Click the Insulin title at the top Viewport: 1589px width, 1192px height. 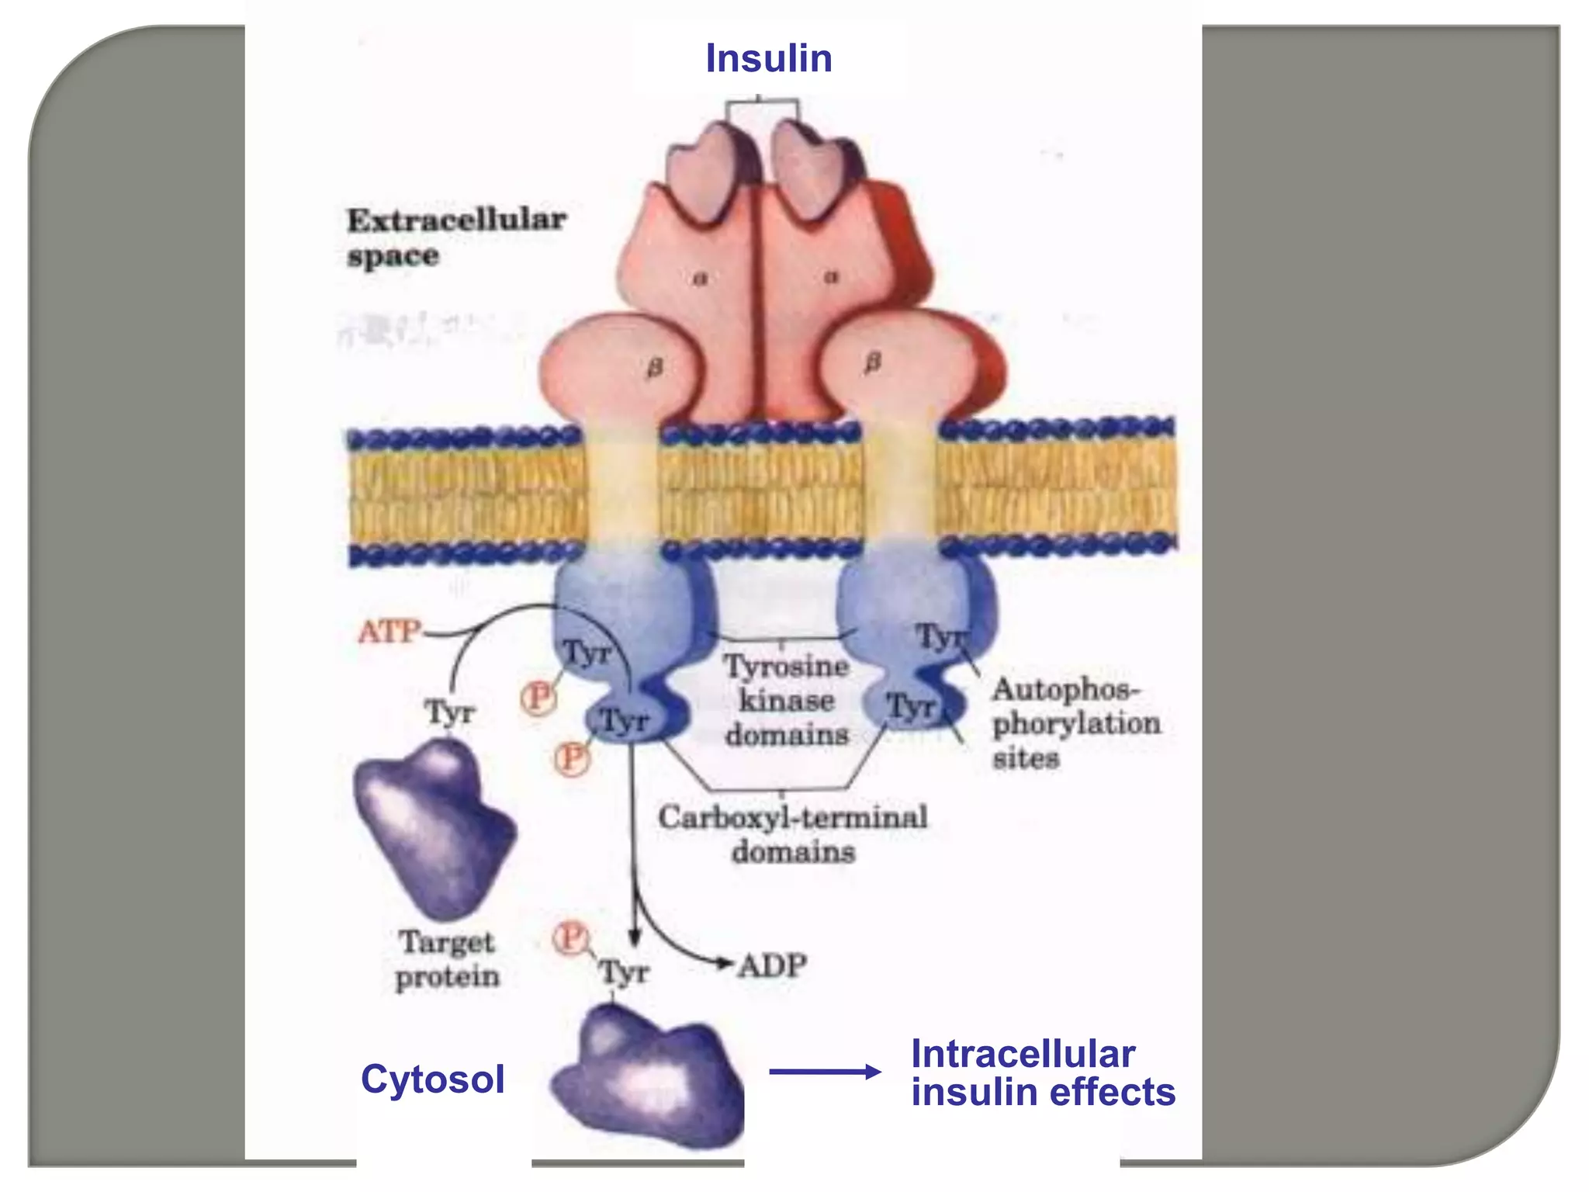click(768, 59)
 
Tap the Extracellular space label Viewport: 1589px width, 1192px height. click(455, 237)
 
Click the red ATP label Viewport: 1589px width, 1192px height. click(389, 632)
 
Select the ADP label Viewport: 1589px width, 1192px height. click(773, 966)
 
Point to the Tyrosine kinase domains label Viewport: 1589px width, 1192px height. click(786, 700)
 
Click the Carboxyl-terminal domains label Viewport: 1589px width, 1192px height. click(793, 834)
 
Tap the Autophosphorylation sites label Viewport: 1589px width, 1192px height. click(1075, 723)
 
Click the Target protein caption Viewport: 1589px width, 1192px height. click(448, 959)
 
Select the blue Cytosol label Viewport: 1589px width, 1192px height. click(433, 1079)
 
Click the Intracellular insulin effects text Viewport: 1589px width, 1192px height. click(1042, 1073)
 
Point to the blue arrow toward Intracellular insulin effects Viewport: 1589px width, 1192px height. click(825, 1072)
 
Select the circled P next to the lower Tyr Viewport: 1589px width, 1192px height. click(573, 757)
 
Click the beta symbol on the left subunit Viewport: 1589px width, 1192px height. click(655, 368)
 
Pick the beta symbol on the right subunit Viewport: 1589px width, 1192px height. click(873, 362)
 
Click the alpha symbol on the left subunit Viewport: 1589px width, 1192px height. click(700, 279)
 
